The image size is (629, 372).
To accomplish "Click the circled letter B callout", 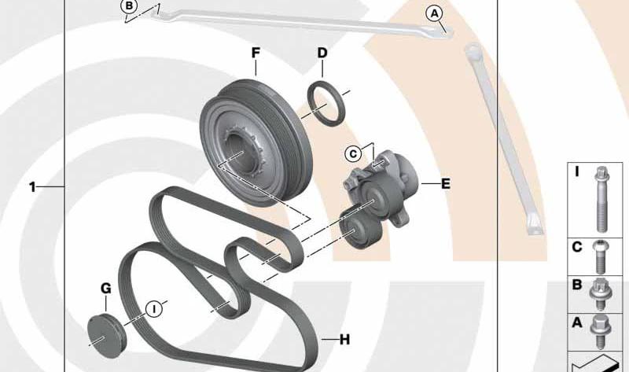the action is [129, 6].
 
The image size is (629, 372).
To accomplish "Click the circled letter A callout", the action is [435, 14].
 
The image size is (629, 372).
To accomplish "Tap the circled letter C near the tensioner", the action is [353, 154].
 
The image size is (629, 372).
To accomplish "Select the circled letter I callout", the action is [153, 309].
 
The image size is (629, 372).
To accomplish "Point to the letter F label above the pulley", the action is [256, 53].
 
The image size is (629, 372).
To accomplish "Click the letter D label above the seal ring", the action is [322, 53].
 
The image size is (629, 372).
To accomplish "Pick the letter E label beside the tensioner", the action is [446, 184].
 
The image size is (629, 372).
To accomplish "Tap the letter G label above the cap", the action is [106, 288].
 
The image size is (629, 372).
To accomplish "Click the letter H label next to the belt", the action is [344, 340].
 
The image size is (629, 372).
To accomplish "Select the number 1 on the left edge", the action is [32, 187].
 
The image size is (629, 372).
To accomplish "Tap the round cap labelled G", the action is [106, 337].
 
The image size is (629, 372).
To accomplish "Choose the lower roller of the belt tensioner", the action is [359, 230].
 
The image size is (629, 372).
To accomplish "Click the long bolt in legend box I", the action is [601, 200].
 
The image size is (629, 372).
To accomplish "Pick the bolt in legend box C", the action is [601, 257].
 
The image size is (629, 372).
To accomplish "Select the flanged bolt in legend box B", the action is [600, 294].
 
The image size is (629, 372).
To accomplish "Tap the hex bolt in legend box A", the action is [601, 331].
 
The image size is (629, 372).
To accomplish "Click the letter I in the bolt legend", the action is [577, 172].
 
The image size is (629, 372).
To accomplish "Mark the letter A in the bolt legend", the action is [577, 322].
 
